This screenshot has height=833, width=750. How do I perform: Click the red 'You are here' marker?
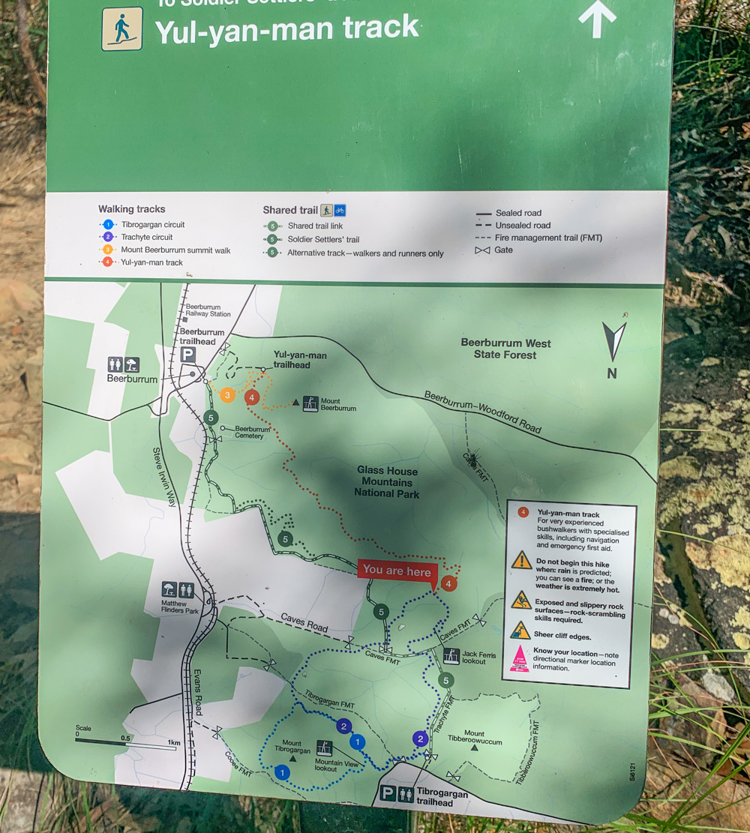397,571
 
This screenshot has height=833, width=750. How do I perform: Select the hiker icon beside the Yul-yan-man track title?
121,29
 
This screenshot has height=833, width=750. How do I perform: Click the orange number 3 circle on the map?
226,394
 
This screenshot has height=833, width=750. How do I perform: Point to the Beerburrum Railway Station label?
208,310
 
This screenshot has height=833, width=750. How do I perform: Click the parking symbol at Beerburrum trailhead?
187,355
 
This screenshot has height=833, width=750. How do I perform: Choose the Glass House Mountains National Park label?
387,482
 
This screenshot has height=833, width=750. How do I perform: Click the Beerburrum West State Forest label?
505,349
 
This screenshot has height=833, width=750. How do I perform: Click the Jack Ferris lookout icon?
451,656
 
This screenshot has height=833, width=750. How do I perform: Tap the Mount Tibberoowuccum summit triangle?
474,748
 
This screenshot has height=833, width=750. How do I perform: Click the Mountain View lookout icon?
324,748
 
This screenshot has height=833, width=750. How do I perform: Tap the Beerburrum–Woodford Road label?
482,412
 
